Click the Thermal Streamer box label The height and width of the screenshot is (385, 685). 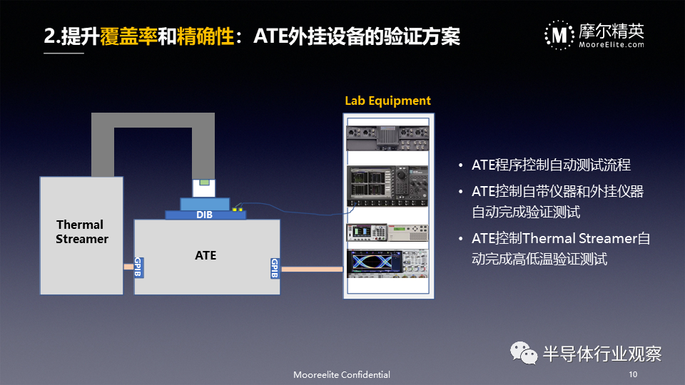[x=81, y=232]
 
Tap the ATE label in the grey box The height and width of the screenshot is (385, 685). [x=205, y=255]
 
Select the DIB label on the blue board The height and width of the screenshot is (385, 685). [x=204, y=215]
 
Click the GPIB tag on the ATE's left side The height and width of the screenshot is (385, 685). [x=138, y=267]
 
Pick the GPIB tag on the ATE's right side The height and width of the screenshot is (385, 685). [x=275, y=268]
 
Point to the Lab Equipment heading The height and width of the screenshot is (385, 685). [x=387, y=101]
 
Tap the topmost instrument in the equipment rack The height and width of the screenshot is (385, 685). [x=387, y=138]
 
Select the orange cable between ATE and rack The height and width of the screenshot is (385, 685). [x=312, y=269]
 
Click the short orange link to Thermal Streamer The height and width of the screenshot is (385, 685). [x=128, y=267]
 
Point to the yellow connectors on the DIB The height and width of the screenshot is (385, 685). [x=237, y=210]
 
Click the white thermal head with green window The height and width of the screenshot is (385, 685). [x=203, y=188]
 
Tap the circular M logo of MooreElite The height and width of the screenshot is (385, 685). [x=559, y=35]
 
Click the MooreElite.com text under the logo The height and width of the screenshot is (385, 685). [x=612, y=44]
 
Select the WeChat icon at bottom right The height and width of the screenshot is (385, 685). [x=523, y=353]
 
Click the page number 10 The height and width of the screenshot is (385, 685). [x=633, y=374]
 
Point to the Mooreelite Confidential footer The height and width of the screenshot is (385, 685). [x=342, y=374]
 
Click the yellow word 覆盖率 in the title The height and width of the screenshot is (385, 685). [x=128, y=36]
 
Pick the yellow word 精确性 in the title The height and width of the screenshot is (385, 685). [x=205, y=36]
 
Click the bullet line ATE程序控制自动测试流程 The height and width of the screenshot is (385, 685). [x=551, y=165]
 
